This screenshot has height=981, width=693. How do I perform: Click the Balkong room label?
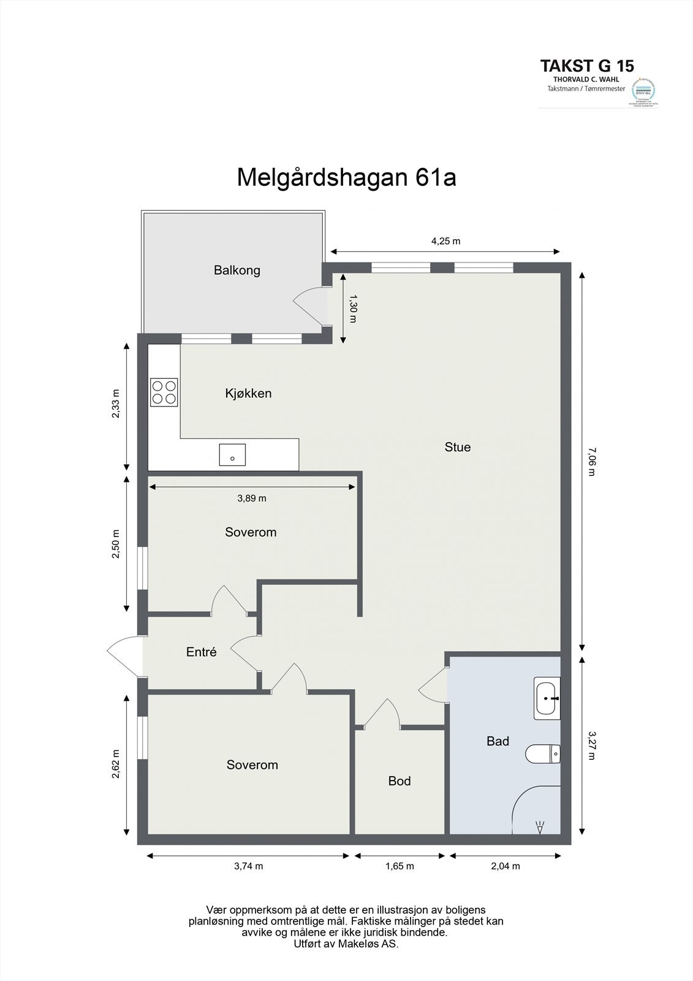point(237,270)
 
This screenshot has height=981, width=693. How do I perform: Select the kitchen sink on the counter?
point(232,455)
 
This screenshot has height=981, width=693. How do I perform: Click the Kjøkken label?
point(248,394)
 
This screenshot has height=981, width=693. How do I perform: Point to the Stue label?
point(457,447)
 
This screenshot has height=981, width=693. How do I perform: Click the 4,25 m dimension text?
point(445,241)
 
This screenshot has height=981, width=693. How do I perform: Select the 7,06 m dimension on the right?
point(591,462)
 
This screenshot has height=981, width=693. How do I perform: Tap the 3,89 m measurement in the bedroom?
point(251,498)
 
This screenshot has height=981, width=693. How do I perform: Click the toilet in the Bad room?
point(543,754)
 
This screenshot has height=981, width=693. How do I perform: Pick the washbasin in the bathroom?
point(547,698)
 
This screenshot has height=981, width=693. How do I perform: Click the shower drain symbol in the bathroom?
point(540,827)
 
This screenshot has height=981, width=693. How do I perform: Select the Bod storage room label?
point(399,781)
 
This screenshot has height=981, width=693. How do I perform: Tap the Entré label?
point(201,652)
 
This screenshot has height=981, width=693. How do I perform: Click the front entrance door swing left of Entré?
point(124,657)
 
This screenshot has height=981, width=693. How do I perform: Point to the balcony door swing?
point(309,305)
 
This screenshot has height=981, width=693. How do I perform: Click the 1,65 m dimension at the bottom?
point(400,866)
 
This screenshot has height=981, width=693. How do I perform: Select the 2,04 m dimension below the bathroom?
point(506,866)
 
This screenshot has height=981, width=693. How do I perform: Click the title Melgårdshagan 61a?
point(346,178)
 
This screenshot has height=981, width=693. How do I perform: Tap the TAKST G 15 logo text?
point(586,66)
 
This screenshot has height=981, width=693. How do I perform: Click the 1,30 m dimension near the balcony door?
point(352,308)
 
